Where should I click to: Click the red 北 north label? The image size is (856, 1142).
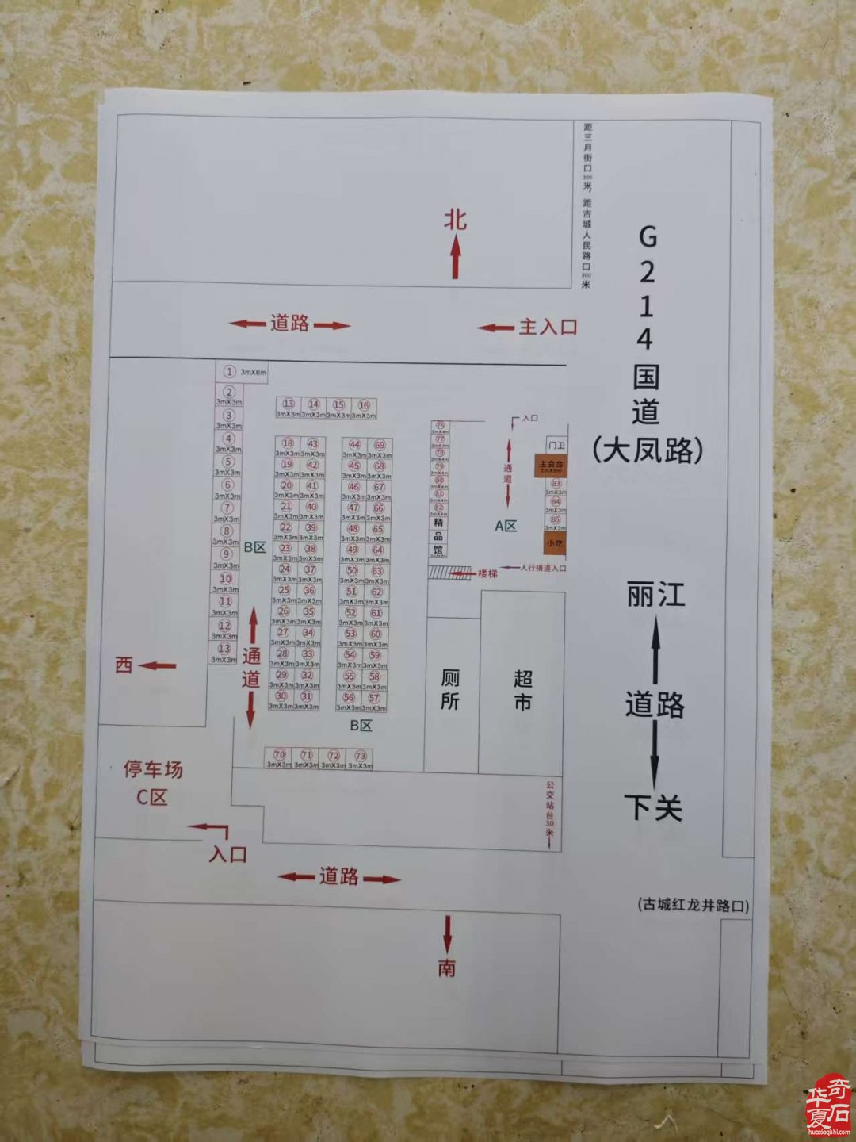[455, 219]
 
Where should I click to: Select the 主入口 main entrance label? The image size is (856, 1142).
[548, 327]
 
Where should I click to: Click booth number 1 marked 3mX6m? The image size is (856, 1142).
[230, 371]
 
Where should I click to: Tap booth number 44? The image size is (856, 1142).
[354, 446]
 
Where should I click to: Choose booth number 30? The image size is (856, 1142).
[281, 696]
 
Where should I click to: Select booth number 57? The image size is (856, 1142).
[374, 698]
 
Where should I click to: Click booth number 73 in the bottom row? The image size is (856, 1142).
[361, 757]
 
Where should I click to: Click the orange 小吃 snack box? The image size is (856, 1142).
[554, 543]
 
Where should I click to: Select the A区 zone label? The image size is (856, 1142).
[506, 526]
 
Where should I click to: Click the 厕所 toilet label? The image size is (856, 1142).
[450, 689]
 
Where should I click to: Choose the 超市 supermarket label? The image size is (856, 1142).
[522, 690]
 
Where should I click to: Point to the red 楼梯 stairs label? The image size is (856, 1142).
[487, 573]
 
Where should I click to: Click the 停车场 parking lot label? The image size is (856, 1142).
[152, 769]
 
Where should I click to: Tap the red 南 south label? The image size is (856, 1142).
[447, 968]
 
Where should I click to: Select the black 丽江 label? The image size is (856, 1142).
[655, 595]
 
